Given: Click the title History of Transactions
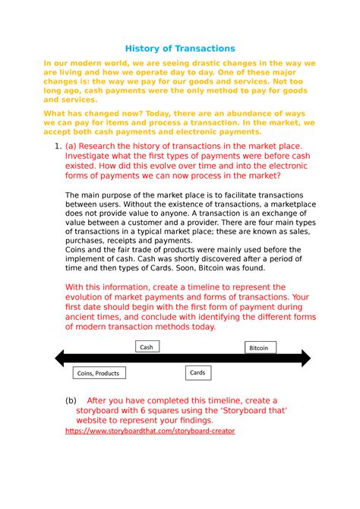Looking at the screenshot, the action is pos(180,48).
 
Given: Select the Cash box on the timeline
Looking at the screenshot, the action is pos(146,346).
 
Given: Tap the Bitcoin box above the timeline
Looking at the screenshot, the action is pos(259,348).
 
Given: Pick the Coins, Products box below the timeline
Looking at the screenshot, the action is pos(98,373).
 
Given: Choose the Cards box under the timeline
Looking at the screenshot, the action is pos(197,373).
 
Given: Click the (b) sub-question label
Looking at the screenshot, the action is pos(71,400).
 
